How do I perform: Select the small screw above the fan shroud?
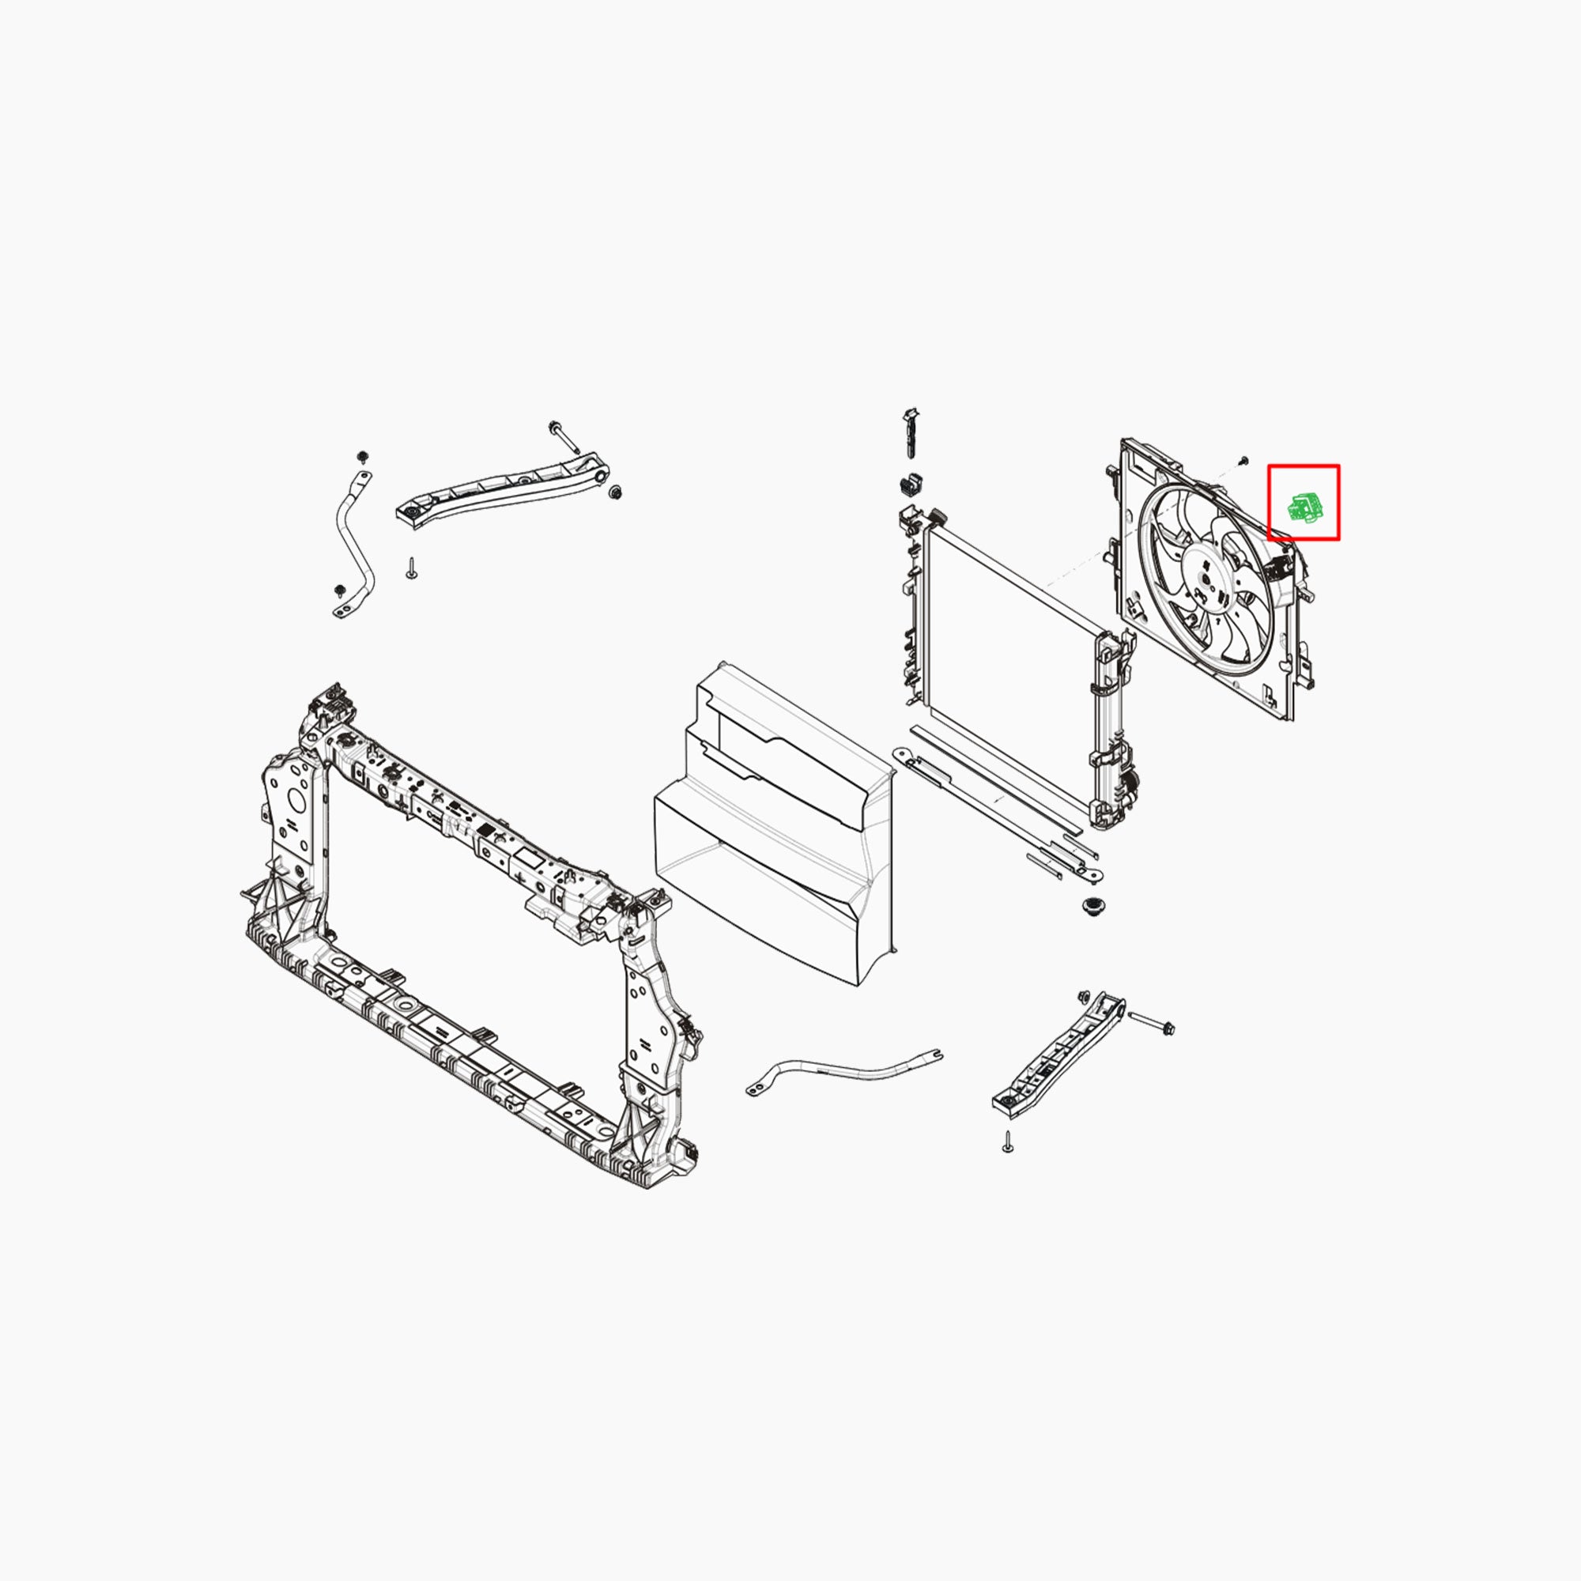pos(1243,461)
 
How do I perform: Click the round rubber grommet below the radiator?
pos(1090,906)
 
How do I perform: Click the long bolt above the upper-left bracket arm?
pos(564,436)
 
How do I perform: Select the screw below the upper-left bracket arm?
pos(411,568)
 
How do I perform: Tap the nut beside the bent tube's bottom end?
pos(340,590)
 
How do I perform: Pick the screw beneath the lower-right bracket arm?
pos(1007,1141)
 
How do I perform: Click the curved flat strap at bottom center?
pos(843,1073)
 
